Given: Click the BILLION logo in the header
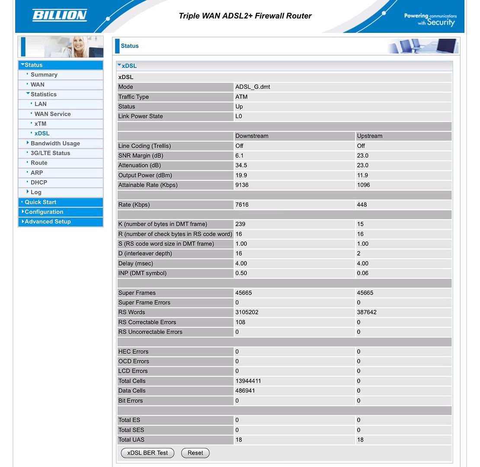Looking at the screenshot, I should click(x=60, y=16).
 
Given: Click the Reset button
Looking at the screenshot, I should click(x=195, y=453).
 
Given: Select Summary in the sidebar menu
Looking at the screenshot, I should click(x=44, y=75).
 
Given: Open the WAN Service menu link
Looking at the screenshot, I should click(x=52, y=114).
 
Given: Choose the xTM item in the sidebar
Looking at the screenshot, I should click(x=40, y=124).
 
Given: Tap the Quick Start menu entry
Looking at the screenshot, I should click(x=40, y=202).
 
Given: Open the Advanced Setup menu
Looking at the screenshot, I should click(x=48, y=222).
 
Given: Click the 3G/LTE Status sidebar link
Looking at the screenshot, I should click(x=50, y=153).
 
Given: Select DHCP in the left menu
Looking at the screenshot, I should click(x=39, y=182).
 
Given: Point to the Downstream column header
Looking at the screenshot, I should click(x=252, y=136).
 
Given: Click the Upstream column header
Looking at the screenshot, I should click(x=369, y=136).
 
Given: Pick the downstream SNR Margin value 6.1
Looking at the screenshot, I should click(x=239, y=156).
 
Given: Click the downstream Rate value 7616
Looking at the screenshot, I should click(x=242, y=205).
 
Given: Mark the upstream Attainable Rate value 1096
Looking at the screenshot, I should click(x=363, y=185).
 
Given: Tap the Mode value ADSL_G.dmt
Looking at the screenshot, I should click(x=253, y=87).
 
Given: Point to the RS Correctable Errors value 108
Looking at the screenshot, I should click(x=240, y=322).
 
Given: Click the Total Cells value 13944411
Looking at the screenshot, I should click(x=248, y=381).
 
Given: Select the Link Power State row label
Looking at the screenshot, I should click(x=141, y=116).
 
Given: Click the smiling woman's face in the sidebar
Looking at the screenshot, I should click(x=79, y=45).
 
